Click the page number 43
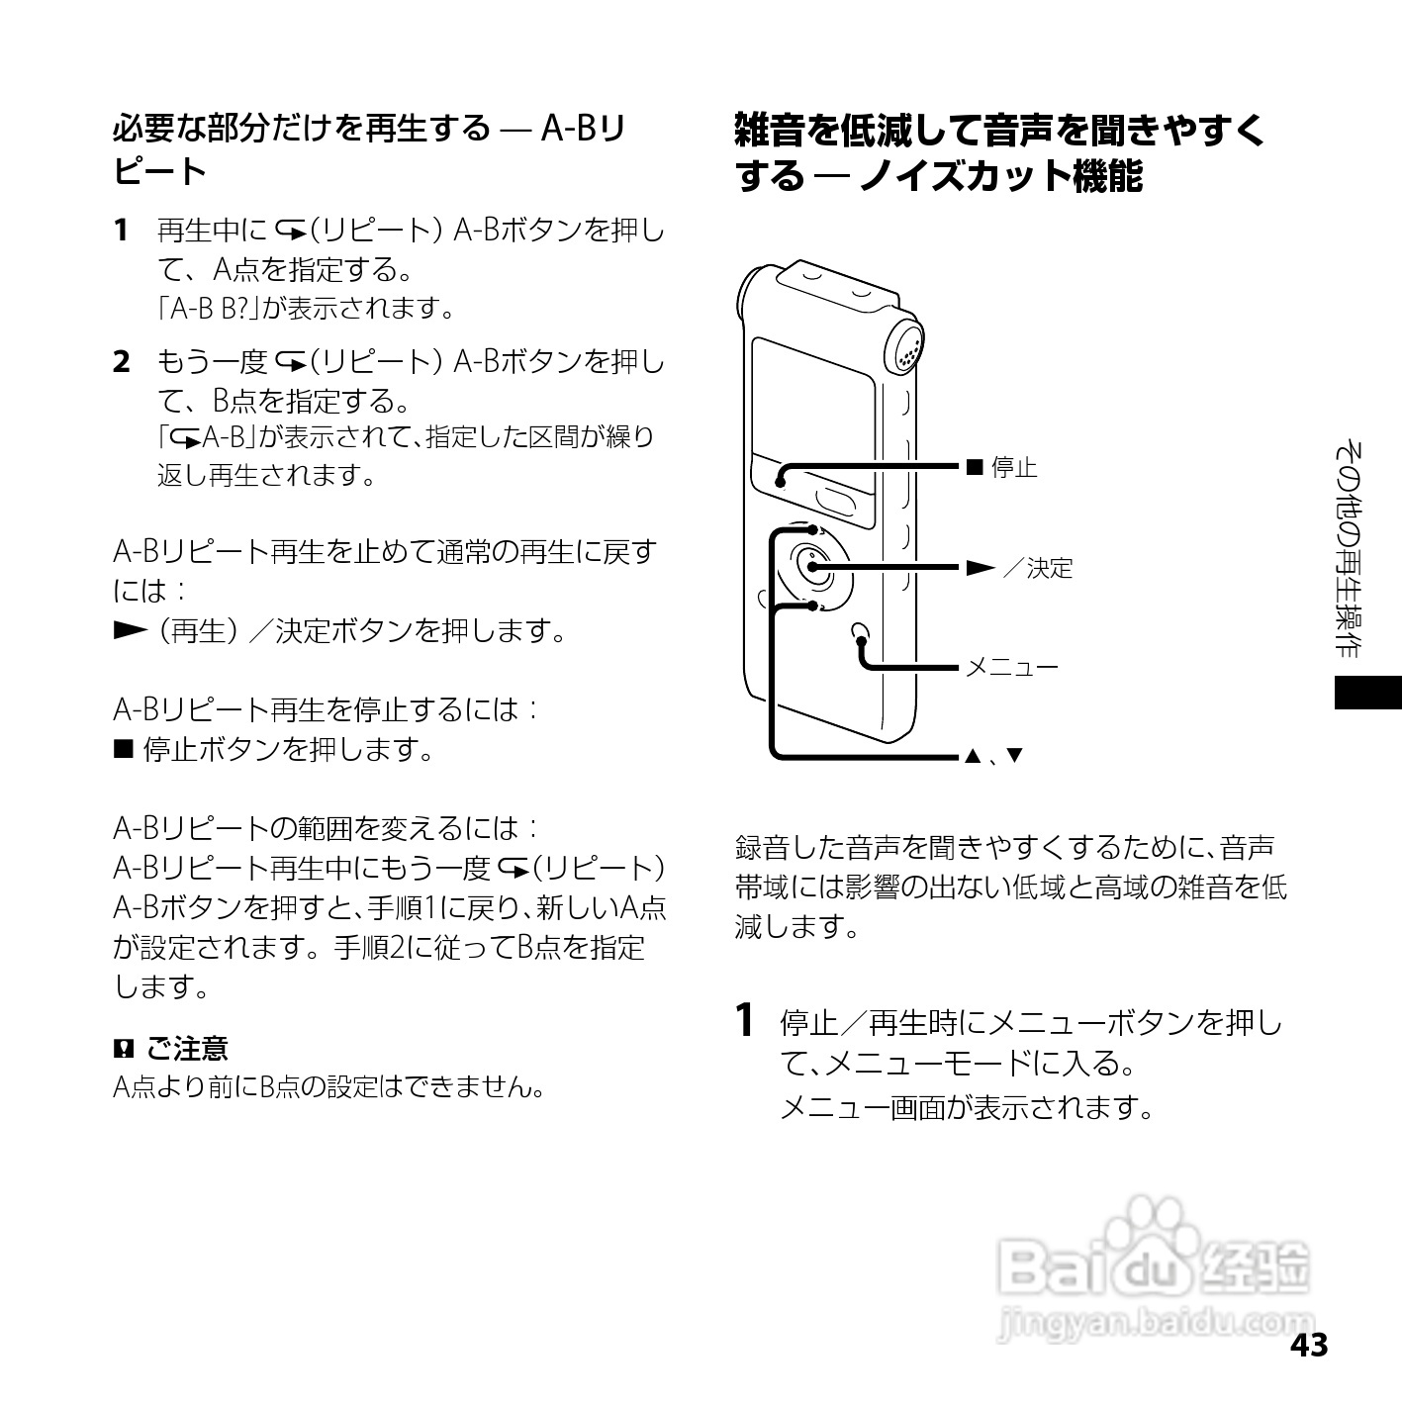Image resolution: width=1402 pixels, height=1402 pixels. pos(1308,1346)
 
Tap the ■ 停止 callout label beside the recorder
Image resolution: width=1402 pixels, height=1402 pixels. pos(1001,467)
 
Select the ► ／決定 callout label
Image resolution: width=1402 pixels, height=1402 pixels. pos(1019,568)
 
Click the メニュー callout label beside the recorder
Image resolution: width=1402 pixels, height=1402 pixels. pos(1011,667)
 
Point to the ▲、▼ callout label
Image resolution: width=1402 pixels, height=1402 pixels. pos(992,757)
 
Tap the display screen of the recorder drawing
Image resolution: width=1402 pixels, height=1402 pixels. pos(811,406)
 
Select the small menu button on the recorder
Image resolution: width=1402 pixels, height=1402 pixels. pos(860,631)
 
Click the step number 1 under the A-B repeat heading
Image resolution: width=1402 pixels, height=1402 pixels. pos(121,232)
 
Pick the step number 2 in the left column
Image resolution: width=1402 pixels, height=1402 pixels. pos(121,363)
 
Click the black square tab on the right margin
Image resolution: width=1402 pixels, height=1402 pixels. pos(1367,693)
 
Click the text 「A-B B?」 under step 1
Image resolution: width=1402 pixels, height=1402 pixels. pos(208,309)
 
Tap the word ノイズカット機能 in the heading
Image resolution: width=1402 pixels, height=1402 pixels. pos(1000,177)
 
